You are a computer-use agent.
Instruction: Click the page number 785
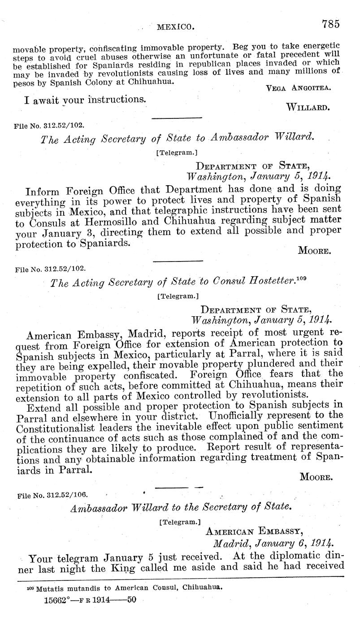point(331,24)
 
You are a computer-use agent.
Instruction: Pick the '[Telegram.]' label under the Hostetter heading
point(178,296)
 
